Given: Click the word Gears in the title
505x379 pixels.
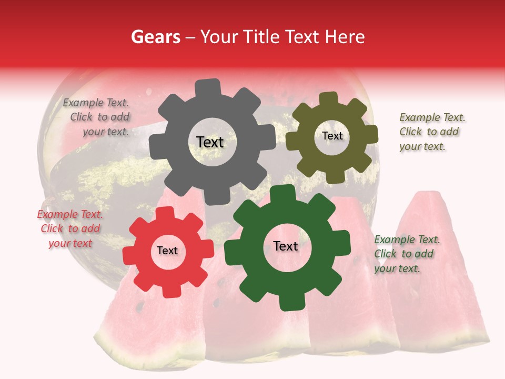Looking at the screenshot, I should [x=154, y=37].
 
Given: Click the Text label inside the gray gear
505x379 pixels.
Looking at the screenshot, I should [x=210, y=142].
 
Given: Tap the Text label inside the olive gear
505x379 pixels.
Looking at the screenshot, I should [x=332, y=136].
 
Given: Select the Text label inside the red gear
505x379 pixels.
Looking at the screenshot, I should [x=167, y=251].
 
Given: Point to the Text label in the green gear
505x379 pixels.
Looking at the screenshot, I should [x=286, y=246].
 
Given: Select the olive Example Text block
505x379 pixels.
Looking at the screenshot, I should [x=431, y=132].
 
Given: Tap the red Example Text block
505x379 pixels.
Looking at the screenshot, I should [x=70, y=228].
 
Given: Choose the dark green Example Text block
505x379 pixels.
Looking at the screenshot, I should [x=406, y=254].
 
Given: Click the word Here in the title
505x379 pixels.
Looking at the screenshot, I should [x=346, y=37].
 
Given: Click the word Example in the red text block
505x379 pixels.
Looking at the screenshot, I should [x=56, y=214].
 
